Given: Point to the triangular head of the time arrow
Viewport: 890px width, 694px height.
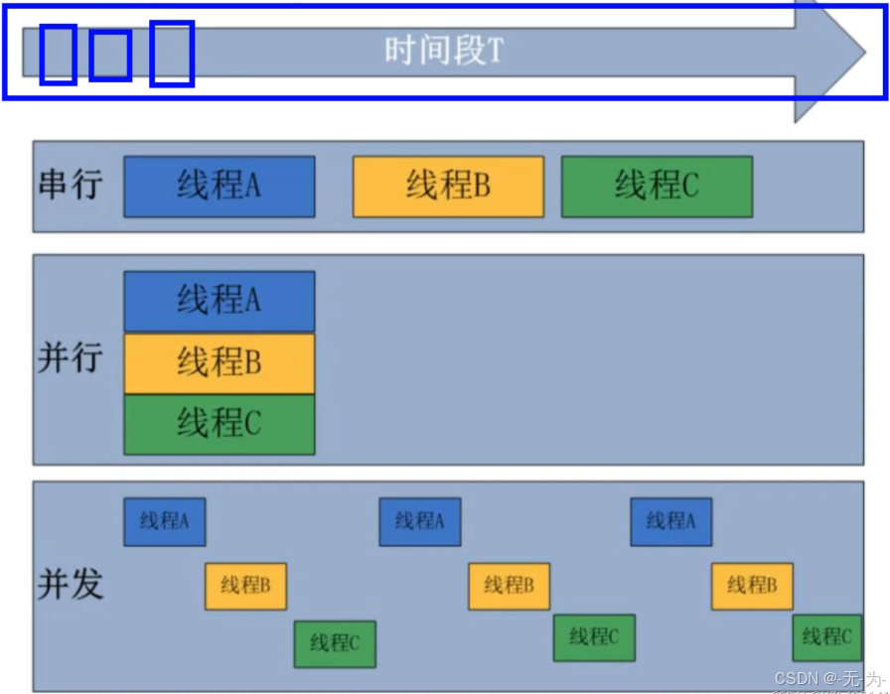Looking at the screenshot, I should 828,55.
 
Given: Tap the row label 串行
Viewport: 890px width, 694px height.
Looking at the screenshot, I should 70,186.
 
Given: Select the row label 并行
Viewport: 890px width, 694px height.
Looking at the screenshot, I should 70,357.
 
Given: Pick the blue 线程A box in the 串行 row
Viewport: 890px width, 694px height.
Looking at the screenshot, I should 219,186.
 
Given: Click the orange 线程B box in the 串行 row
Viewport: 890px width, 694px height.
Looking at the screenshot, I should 448,186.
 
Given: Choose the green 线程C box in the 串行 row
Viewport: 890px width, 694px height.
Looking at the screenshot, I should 657,186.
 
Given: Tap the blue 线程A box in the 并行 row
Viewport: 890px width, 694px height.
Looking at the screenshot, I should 219,300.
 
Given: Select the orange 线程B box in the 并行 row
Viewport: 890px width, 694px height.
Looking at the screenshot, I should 219,362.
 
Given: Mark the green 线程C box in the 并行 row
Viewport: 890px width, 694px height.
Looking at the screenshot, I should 219,424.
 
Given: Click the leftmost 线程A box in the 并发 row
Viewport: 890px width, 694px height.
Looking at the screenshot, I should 164,521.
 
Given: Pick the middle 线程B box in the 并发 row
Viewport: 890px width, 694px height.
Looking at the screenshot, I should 509,586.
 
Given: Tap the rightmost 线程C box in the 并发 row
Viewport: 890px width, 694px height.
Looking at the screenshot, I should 826,637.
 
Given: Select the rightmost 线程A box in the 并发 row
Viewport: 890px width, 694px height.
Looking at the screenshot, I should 670,521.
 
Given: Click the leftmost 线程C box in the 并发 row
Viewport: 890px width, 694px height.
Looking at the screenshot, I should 334,643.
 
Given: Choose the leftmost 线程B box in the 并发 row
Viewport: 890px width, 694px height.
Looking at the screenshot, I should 245,586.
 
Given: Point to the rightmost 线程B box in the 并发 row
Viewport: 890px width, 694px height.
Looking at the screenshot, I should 751,586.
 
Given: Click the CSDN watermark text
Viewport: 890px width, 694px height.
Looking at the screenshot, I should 827,678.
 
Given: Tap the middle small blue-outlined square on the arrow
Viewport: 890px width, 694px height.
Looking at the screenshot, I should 110,56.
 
